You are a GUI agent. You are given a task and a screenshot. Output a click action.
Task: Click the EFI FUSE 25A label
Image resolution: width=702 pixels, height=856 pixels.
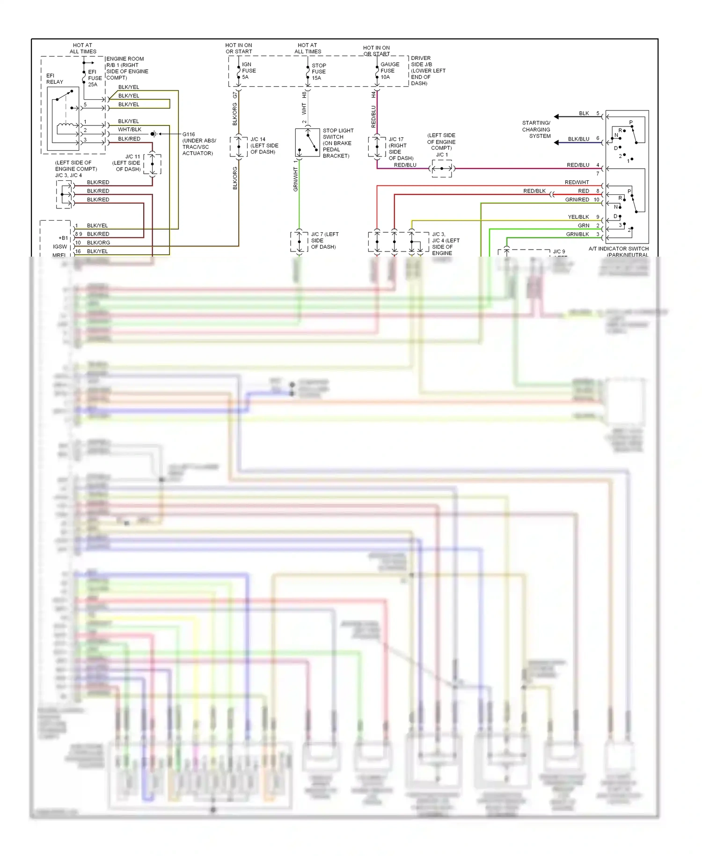pos(95,78)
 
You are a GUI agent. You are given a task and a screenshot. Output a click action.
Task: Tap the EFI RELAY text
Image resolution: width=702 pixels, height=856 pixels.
pos(54,79)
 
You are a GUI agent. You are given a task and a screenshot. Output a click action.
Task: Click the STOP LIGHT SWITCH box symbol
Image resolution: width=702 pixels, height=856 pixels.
pos(307,143)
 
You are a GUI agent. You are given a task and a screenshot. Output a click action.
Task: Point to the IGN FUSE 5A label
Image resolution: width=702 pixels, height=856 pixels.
pos(249,71)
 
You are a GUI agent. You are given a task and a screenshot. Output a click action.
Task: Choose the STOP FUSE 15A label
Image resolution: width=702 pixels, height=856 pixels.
pos(318,72)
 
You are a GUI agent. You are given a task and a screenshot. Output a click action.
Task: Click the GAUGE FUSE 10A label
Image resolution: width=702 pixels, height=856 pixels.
pos(389,71)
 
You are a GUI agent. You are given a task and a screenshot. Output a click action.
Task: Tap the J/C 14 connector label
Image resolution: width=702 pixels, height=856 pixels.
pos(264,146)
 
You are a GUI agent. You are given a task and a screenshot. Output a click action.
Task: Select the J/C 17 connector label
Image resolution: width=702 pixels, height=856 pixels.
pos(400,149)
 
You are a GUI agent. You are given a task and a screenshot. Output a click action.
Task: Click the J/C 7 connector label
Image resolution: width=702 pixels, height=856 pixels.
pos(324,241)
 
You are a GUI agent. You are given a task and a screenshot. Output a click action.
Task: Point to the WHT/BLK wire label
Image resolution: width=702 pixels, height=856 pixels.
pos(130,130)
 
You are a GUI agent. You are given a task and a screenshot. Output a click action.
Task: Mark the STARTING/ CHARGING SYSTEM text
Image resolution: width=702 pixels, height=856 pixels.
pos(536,130)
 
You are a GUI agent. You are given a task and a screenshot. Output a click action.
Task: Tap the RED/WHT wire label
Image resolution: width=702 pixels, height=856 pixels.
pos(577,183)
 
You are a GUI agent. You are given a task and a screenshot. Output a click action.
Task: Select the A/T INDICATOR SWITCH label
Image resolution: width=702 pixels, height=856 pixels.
pos(618,249)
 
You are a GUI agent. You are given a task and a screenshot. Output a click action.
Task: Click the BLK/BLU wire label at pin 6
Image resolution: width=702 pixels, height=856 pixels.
pos(578,139)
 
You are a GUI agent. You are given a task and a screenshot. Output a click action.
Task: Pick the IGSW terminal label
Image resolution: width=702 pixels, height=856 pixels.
pos(60,247)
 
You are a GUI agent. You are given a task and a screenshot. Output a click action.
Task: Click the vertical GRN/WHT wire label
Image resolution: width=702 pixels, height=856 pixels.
pos(295,180)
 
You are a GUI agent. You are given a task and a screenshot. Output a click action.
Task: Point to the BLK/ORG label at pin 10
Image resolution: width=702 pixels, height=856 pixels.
pos(98,243)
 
